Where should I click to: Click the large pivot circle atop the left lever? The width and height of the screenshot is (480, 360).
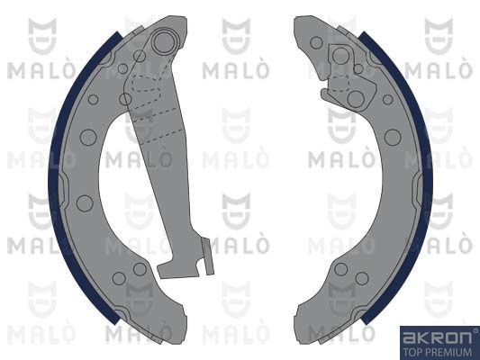point(163,42)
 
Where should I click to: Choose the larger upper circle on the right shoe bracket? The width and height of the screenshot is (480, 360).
point(340,57)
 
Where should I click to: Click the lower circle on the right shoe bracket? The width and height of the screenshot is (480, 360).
point(357,97)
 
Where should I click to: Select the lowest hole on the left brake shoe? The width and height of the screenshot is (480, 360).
point(119,278)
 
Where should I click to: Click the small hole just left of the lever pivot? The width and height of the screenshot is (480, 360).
point(139,56)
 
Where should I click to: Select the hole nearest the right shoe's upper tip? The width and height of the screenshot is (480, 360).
point(316,42)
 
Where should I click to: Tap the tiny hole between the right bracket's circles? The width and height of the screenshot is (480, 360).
point(358,68)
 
